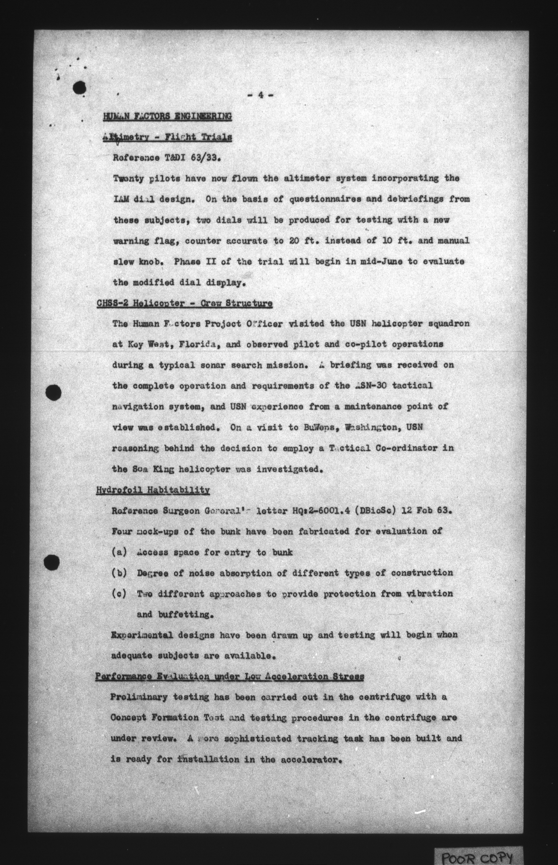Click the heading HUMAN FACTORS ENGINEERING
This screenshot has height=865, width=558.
(x=167, y=116)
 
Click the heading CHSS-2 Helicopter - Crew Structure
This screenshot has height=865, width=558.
(x=184, y=303)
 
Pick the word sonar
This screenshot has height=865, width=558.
(x=213, y=365)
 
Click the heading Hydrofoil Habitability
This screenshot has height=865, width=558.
(x=153, y=490)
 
